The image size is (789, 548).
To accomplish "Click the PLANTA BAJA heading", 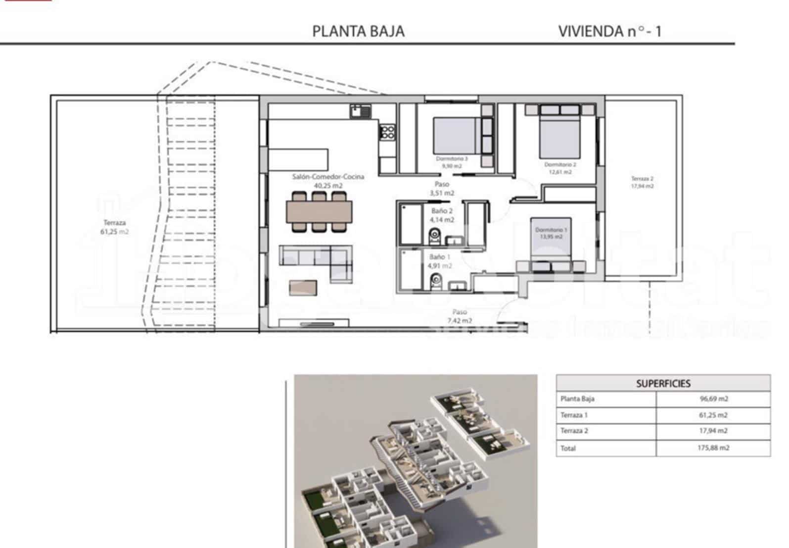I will [358, 31].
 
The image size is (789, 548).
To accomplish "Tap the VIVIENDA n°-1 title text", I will [609, 31].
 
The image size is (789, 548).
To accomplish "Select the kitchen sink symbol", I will [361, 111].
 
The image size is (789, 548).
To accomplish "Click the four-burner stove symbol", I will [387, 132].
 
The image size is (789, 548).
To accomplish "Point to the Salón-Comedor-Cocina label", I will [328, 177].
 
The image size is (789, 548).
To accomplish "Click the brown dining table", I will [319, 211].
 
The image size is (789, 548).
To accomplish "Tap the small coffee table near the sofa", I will [303, 288].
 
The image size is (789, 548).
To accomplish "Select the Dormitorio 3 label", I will [451, 159].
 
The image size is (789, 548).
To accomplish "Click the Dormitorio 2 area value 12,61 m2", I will [560, 172].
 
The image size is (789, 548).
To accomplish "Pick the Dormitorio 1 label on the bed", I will [551, 230].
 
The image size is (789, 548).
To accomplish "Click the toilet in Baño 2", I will [435, 237].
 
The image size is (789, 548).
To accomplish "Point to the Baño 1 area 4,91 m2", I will [440, 266].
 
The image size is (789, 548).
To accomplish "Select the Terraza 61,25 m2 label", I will [114, 227].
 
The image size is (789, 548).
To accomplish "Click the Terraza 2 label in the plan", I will [642, 179].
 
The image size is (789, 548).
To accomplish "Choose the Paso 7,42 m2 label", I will [460, 316].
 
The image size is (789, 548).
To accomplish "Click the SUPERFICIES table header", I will [663, 383].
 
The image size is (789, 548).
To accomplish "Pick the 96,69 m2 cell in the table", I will [714, 399].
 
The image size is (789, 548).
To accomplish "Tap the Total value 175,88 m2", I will [713, 448].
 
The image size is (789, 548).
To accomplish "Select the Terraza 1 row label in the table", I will [574, 415].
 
